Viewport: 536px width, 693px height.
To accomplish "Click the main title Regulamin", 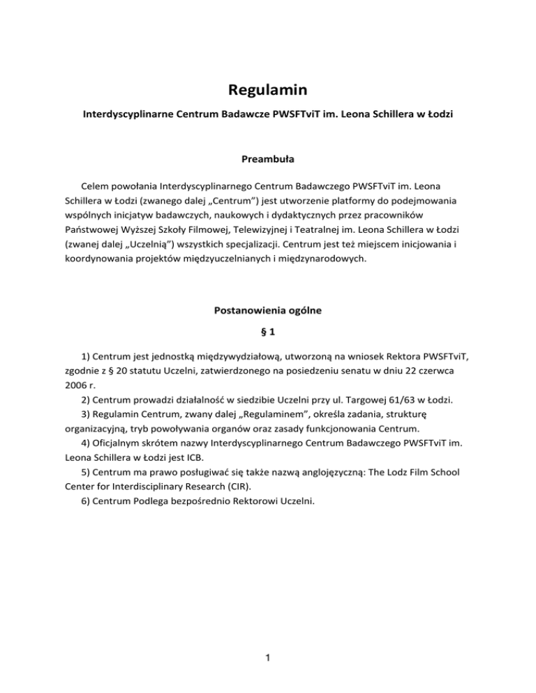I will click(267, 91).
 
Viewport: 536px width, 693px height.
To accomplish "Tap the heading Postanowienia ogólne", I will click(267, 312).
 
